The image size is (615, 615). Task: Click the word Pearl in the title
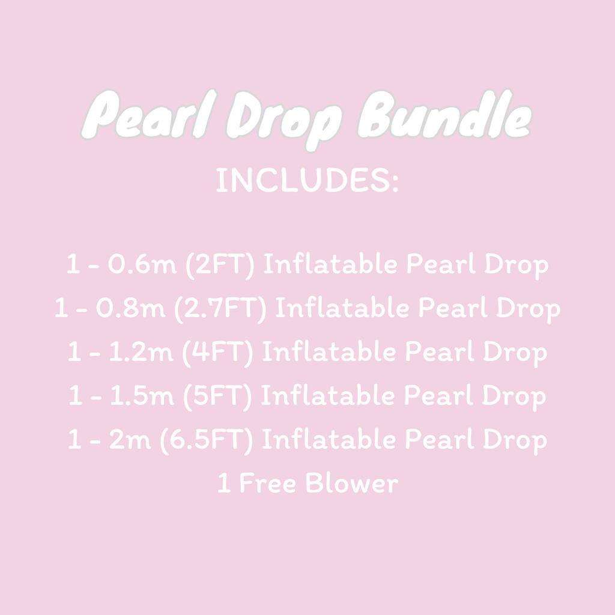(148, 116)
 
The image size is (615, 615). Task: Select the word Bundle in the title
(444, 116)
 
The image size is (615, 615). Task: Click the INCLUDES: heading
(307, 180)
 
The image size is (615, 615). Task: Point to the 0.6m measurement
(142, 265)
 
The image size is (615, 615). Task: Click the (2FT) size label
(220, 265)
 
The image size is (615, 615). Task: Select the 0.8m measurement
(130, 309)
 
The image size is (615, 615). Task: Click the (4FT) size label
(220, 353)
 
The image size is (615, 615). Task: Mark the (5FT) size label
(220, 396)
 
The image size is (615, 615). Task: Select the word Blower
(351, 484)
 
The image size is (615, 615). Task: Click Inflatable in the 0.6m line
(330, 265)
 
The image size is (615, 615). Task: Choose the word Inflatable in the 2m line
(329, 440)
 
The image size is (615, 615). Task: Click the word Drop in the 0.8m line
(528, 309)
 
